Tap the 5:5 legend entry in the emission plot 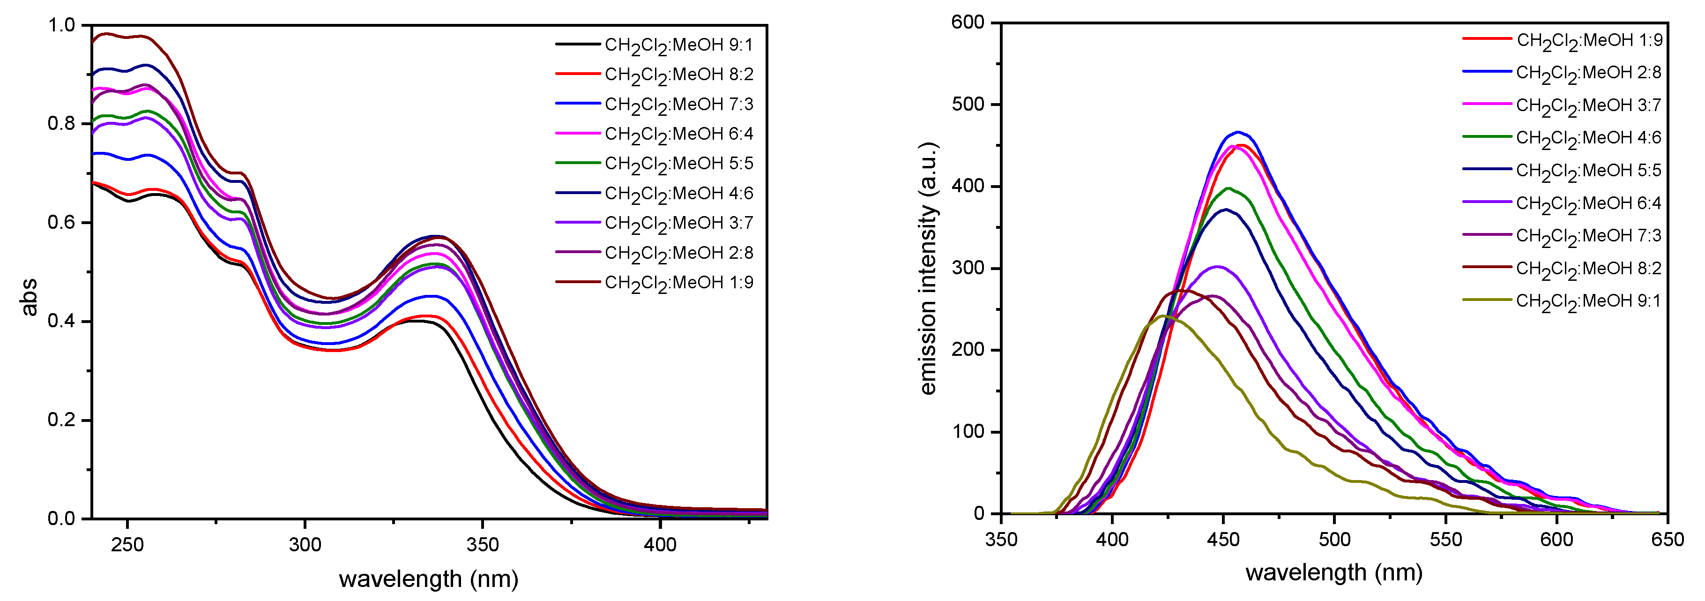[x=1588, y=171]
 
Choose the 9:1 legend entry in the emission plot [x=1588, y=301]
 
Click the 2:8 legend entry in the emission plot [x=1588, y=73]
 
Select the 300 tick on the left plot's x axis [x=305, y=545]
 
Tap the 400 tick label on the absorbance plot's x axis [x=660, y=545]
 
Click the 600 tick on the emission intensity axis [x=968, y=23]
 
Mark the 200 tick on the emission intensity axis [x=968, y=350]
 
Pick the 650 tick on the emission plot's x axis [x=1667, y=540]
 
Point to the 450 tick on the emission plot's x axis [x=1223, y=540]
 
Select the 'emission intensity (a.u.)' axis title [x=929, y=269]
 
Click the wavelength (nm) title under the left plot [x=428, y=579]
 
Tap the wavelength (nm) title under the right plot [x=1334, y=572]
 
